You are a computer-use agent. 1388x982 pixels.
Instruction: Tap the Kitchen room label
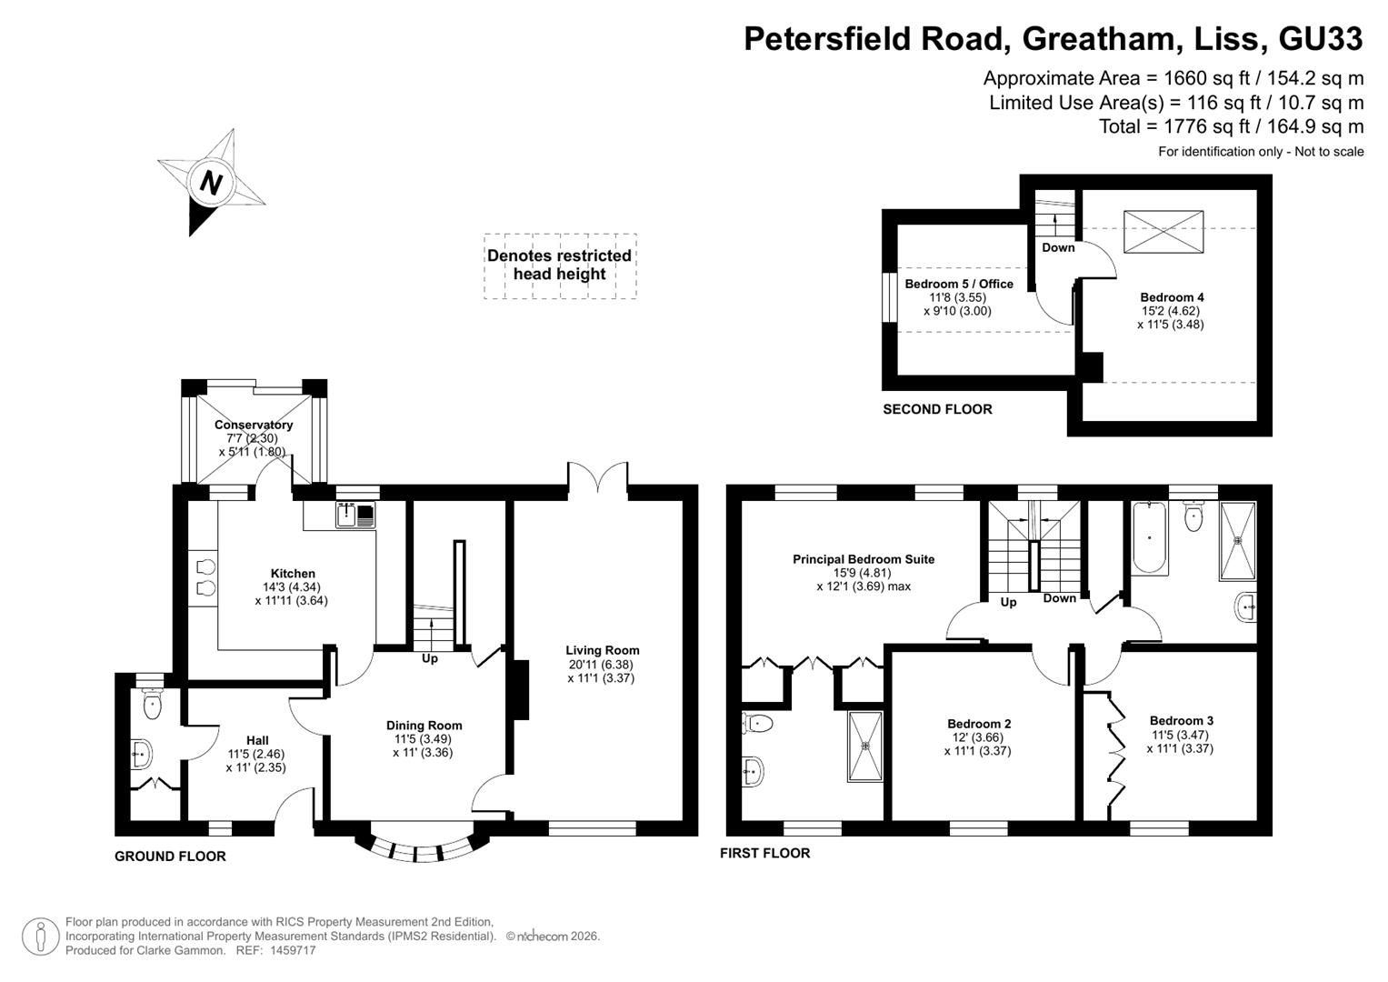[293, 574]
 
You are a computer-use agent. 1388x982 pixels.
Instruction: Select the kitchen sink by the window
[355, 515]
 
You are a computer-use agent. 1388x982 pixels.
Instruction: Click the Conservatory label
[254, 425]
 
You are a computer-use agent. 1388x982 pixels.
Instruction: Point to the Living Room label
[603, 650]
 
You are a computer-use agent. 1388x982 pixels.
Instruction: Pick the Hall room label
[257, 740]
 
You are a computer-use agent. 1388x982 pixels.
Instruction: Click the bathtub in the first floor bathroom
[1150, 537]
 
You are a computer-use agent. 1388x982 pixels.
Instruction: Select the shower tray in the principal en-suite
[865, 747]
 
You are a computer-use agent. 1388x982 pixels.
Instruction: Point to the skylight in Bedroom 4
[1163, 232]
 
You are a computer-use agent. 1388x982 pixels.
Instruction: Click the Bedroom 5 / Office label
[959, 284]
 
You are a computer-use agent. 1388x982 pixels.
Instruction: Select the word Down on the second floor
[1058, 247]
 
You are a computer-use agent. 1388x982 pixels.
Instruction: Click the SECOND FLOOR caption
[937, 409]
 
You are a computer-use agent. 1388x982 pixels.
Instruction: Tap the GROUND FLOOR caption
[170, 857]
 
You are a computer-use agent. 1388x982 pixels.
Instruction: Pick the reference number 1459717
[293, 950]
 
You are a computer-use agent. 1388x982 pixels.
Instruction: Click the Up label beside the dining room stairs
[429, 657]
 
